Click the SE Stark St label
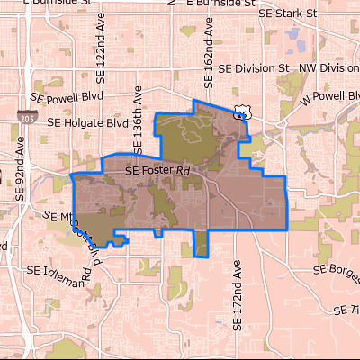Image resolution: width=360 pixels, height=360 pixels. tap(288, 13)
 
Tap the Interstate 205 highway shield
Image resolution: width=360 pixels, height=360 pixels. tap(26, 118)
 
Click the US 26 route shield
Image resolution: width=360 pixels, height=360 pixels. tap(241, 112)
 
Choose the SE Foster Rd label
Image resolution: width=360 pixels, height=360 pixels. tap(159, 168)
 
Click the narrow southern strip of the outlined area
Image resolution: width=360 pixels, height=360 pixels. tap(201, 241)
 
